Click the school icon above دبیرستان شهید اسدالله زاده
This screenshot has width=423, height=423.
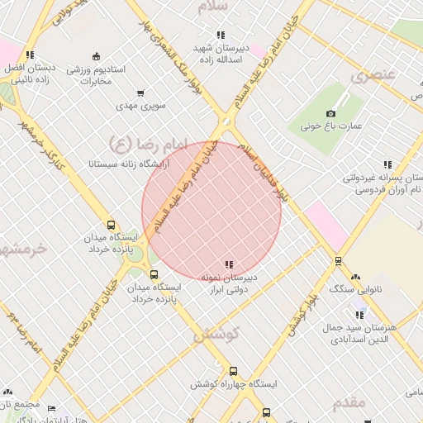220,35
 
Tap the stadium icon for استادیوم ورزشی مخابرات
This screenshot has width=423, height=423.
97,57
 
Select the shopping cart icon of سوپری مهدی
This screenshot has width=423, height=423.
140,93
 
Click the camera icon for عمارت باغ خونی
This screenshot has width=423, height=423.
331,113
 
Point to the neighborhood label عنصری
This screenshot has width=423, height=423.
373,76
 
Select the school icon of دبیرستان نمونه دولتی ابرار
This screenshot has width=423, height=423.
229,264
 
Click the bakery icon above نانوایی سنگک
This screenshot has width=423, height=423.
355,277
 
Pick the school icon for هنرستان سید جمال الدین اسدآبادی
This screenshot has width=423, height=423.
359,315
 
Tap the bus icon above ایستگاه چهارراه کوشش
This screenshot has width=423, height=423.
234,372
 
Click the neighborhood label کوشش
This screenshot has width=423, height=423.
216,335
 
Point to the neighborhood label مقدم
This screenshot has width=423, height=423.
354,402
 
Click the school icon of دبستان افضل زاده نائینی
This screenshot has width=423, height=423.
30,55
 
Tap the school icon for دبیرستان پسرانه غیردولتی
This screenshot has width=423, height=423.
387,165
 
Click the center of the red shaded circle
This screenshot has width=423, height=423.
211,211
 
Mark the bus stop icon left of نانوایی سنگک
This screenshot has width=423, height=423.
338,261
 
